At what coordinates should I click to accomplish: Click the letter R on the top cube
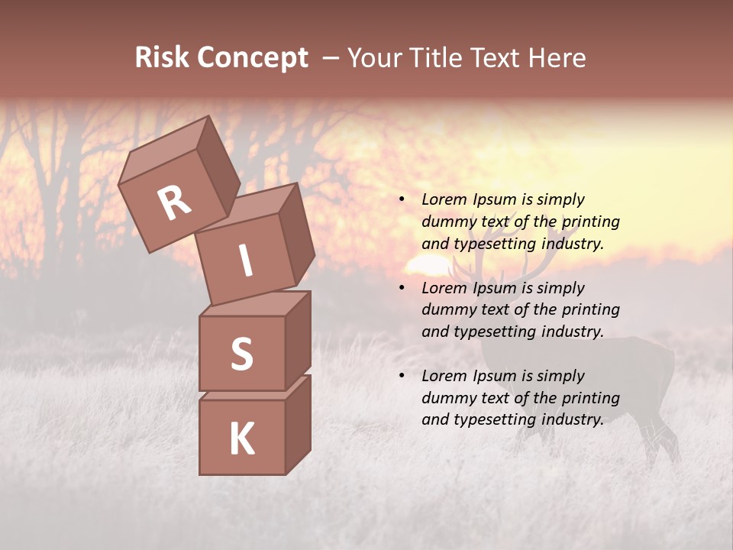tap(174, 202)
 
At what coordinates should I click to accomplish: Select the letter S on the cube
tap(241, 354)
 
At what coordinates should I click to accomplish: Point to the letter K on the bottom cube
tap(241, 438)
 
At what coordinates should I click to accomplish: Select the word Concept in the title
tap(253, 57)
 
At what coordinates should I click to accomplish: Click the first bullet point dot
tap(401, 199)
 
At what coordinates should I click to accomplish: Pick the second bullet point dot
tap(401, 288)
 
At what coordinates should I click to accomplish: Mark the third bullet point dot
tap(401, 376)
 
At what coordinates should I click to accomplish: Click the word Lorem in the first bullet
tap(444, 199)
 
